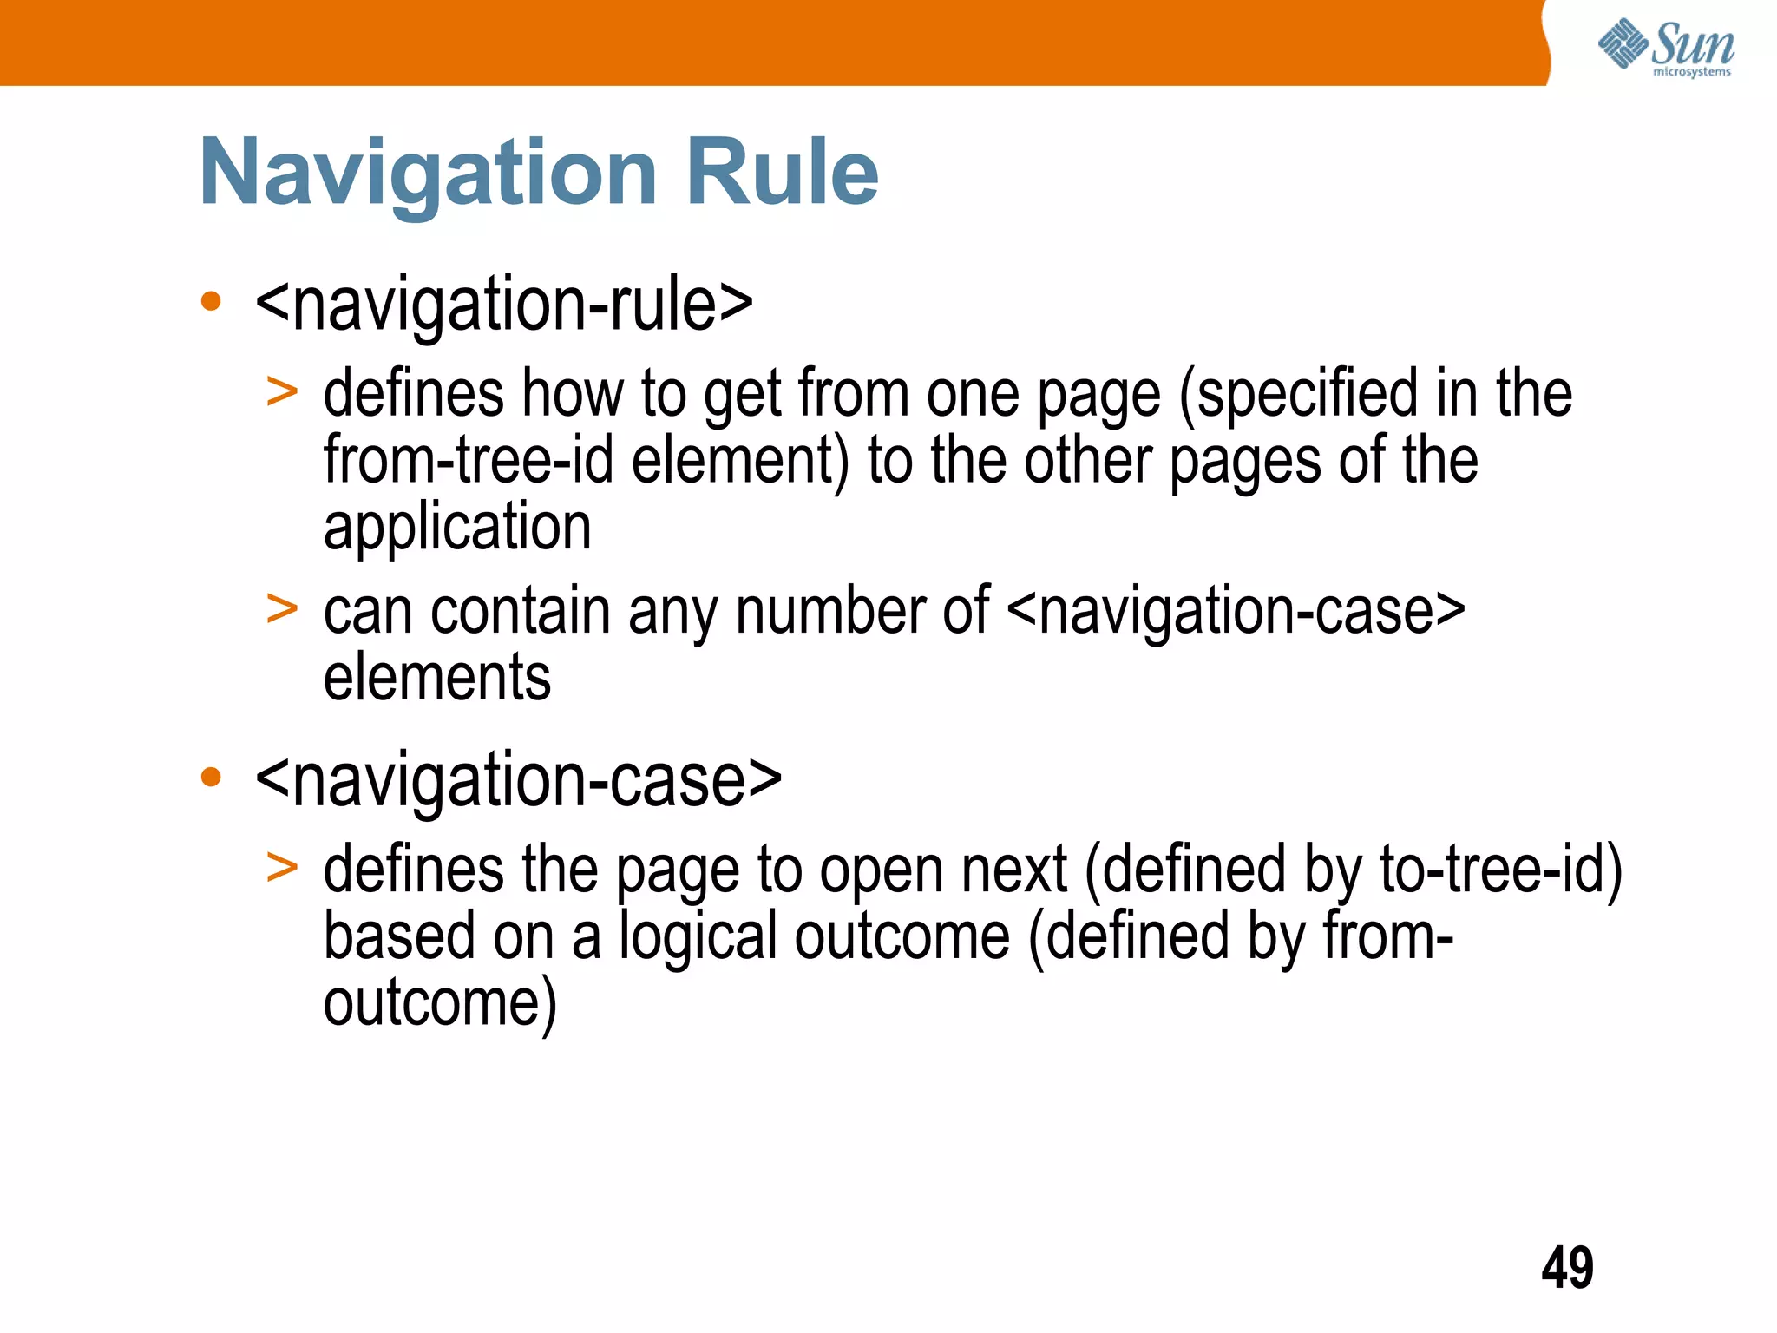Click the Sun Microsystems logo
point(1666,47)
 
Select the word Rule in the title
point(782,173)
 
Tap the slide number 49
point(1567,1268)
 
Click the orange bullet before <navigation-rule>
point(211,302)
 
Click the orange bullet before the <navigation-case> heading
point(211,777)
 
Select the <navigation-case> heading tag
point(519,779)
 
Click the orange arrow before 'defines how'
point(282,392)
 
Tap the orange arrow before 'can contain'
point(282,608)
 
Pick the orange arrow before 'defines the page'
point(282,867)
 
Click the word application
point(457,527)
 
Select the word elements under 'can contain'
point(436,678)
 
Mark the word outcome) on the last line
point(440,1004)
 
